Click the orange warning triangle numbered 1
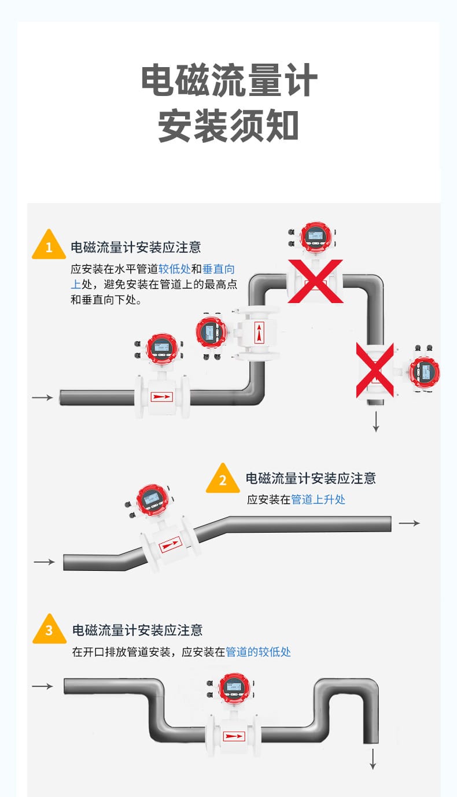pos(49,246)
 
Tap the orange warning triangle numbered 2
pos(223,479)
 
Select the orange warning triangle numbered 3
pos(49,629)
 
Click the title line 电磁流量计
pos(229,81)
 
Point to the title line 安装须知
pos(229,126)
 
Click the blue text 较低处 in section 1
pos(174,269)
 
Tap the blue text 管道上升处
pos(318,499)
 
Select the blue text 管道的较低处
pos(258,652)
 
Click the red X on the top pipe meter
pos(315,281)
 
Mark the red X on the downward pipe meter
pos(374,370)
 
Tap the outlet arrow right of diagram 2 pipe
pos(410,523)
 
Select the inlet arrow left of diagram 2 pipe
pos(45,562)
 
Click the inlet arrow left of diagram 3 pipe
pos(42,686)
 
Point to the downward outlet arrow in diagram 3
pos(373,758)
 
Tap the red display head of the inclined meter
pos(152,499)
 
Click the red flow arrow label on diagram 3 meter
pos(234,736)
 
